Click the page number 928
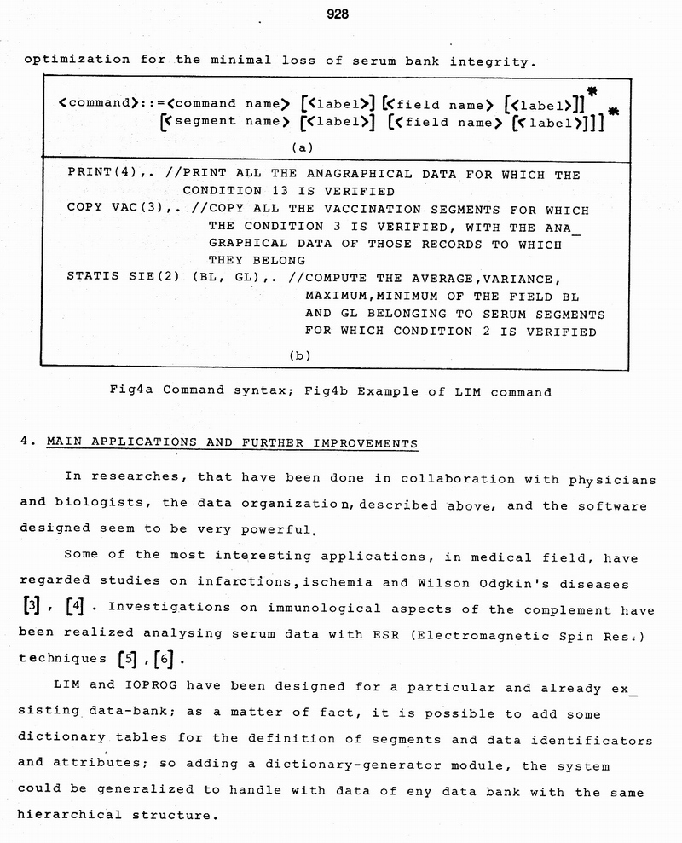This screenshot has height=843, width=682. coord(338,14)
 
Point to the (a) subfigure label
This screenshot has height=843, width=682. coord(303,147)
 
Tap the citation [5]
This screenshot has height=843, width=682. coord(126,660)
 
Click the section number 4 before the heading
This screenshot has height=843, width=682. coord(23,443)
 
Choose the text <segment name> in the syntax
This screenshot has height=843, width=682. coord(223,122)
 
